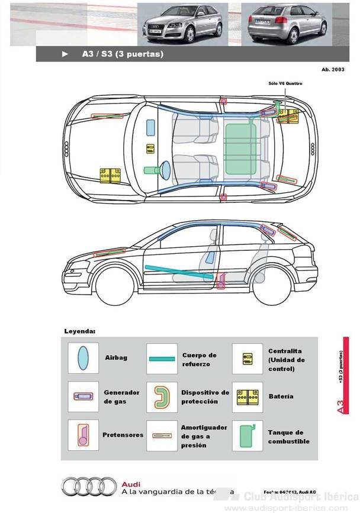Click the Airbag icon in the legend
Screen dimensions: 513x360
point(83,358)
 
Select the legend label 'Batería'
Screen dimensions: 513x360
point(280,396)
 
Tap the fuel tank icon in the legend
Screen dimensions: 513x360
point(247,436)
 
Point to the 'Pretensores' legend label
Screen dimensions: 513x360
point(123,435)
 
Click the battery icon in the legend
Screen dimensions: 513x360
point(247,397)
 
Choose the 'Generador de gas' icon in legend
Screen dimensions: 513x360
point(83,396)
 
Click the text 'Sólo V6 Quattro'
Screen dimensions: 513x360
point(285,84)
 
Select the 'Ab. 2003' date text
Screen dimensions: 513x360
point(333,70)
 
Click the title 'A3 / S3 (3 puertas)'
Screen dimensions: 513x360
point(123,54)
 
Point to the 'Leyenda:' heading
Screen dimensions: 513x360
point(79,331)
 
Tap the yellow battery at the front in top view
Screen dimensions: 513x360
point(110,176)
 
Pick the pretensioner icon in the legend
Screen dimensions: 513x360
point(83,435)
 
